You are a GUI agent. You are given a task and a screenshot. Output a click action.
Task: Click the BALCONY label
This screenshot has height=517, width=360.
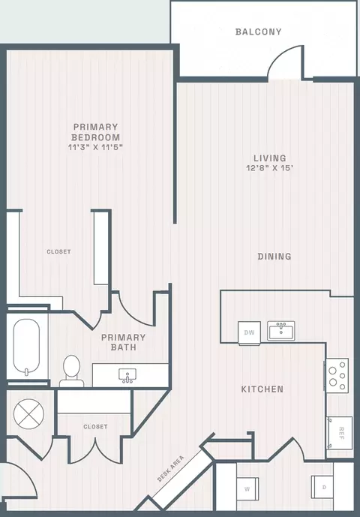[x=259, y=32]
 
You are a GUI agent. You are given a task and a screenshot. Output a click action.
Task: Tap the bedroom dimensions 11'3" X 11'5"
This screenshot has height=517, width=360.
[x=95, y=147]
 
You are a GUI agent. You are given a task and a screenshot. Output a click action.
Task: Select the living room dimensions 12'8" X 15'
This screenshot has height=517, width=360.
[x=270, y=168]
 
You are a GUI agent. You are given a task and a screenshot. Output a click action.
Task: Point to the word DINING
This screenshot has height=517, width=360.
[x=274, y=256]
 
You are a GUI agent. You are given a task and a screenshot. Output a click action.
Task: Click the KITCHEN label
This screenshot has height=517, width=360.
[x=262, y=389]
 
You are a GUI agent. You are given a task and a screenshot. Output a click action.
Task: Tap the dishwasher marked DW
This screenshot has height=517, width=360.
[x=250, y=332]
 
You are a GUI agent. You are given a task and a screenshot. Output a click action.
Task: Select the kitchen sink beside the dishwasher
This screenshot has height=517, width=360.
[x=281, y=331]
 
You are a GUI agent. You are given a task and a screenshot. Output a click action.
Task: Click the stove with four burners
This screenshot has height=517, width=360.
[x=337, y=375]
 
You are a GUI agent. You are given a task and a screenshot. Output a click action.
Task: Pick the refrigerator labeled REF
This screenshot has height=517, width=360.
[x=339, y=433]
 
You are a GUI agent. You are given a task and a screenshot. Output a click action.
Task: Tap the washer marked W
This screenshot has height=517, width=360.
[x=247, y=488]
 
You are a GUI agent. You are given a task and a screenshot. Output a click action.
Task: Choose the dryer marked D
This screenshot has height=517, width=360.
[x=322, y=487]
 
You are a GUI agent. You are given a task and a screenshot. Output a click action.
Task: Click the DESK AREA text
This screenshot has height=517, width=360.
[x=170, y=468]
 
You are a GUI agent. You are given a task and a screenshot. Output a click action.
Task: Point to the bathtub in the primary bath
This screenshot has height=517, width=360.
[x=27, y=347]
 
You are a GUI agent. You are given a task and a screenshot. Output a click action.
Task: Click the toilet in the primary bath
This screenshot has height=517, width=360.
[x=71, y=371]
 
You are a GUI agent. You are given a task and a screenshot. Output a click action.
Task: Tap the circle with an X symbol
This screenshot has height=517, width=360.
[x=28, y=413]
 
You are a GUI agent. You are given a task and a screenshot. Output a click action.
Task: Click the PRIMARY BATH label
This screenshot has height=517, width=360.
[x=123, y=342]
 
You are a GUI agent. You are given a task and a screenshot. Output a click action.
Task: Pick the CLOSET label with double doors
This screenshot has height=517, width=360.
[x=95, y=427]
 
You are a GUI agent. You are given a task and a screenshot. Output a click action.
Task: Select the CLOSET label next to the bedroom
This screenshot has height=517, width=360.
[x=58, y=251]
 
